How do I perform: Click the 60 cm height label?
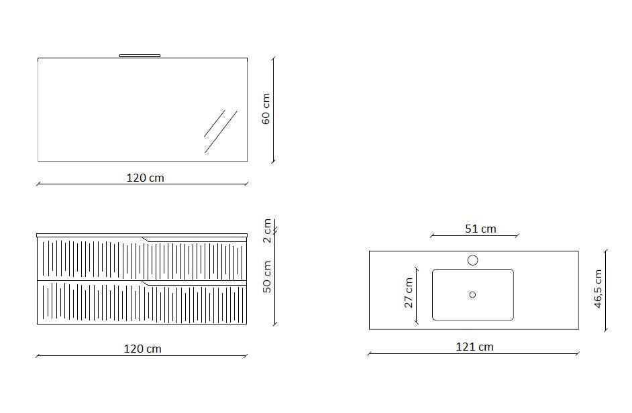coord(266,109)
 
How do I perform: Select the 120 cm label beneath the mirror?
coord(145,178)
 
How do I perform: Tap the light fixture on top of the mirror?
coord(140,56)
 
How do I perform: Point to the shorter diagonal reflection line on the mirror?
coord(215,123)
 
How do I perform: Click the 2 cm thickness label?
coord(266,231)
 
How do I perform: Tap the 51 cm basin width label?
coord(480,229)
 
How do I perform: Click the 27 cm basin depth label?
coord(409,293)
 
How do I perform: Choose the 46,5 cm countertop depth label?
coord(598,290)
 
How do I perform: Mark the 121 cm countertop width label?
coord(474,347)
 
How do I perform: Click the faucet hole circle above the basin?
coord(473,260)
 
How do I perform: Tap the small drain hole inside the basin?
coord(472,294)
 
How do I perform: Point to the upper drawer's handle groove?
coord(195,239)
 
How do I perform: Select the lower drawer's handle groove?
coord(195,284)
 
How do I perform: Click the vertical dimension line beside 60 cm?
coord(274,109)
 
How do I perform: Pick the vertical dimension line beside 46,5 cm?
coord(607,290)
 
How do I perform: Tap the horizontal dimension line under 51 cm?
coord(474,235)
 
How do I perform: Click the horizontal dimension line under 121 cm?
coord(473,354)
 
